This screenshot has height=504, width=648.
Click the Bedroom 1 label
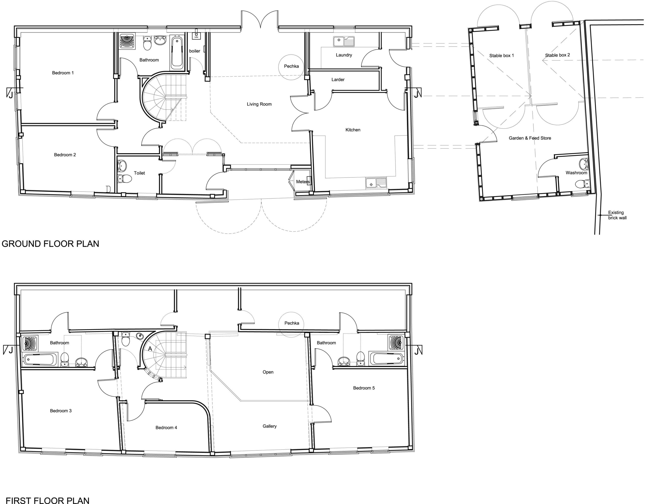(63, 73)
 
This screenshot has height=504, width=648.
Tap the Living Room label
(259, 104)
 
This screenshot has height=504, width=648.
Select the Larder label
(338, 79)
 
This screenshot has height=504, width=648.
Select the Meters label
(303, 182)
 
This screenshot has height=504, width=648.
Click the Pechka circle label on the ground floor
(291, 66)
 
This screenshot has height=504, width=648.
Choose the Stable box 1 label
(501, 55)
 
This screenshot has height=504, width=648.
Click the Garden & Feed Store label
(530, 138)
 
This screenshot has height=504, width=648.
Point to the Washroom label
(576, 173)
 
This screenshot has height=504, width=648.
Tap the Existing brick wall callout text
(617, 215)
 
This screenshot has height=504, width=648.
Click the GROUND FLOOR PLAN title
(50, 244)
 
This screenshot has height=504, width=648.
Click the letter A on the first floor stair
(150, 349)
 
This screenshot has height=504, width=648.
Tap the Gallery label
(269, 426)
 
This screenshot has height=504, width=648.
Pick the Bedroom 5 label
(364, 388)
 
